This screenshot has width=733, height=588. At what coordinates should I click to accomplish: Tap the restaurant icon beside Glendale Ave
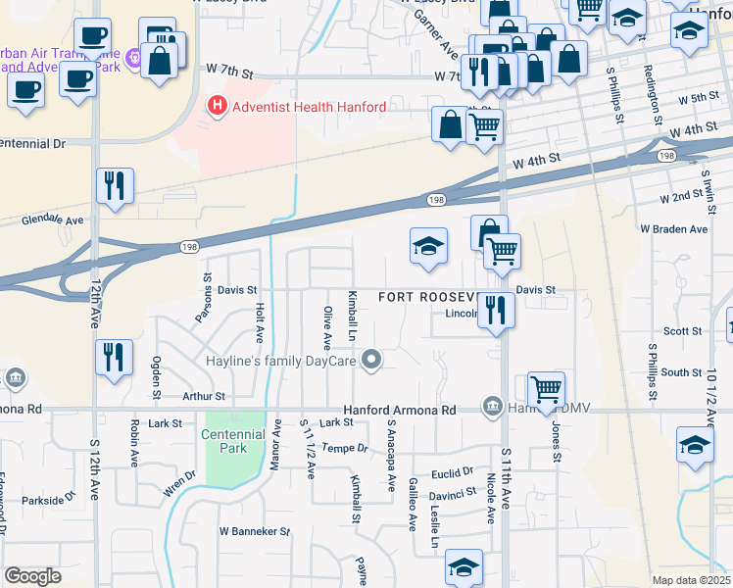(x=115, y=185)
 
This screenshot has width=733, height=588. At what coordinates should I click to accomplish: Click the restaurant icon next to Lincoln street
(x=496, y=311)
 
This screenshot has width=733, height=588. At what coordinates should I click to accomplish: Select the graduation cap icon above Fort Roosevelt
(x=428, y=247)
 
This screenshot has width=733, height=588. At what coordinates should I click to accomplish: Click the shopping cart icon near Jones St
(x=545, y=388)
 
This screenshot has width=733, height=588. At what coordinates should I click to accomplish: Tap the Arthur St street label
(x=204, y=397)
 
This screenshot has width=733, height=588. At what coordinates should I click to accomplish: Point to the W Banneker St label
(x=255, y=531)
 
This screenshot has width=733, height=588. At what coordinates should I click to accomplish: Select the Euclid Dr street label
(x=452, y=471)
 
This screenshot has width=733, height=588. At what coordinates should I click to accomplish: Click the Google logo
(x=32, y=576)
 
